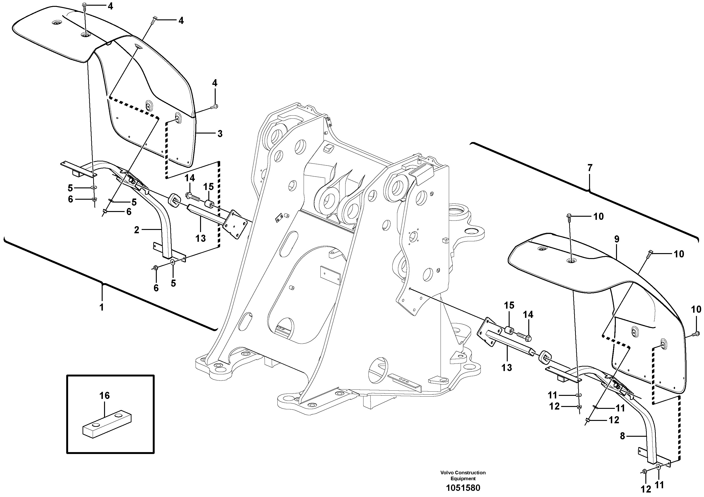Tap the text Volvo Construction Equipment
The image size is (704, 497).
[463, 475]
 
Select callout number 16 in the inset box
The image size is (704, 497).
[105, 396]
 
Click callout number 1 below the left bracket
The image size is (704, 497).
[102, 307]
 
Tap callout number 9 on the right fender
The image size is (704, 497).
[617, 240]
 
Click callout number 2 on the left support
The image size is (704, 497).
[137, 229]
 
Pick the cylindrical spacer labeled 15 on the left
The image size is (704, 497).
[209, 203]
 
